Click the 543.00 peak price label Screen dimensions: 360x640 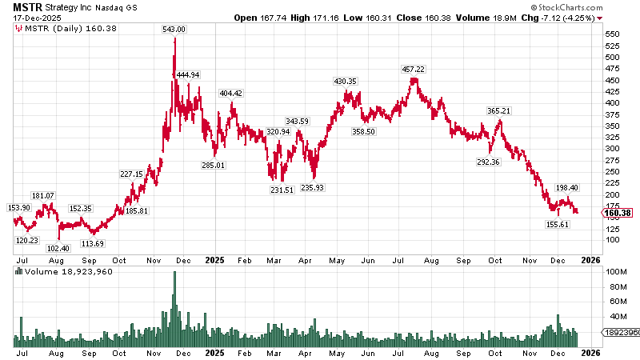click(174, 30)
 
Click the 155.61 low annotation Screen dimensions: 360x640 click(558, 225)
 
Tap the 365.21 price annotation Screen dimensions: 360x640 click(498, 110)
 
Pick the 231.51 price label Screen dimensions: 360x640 click(282, 190)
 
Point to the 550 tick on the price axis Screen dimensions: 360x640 click(613, 34)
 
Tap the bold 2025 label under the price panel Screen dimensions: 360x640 click(214, 260)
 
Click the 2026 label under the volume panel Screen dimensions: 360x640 click(590, 352)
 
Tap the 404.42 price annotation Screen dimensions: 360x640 click(231, 93)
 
